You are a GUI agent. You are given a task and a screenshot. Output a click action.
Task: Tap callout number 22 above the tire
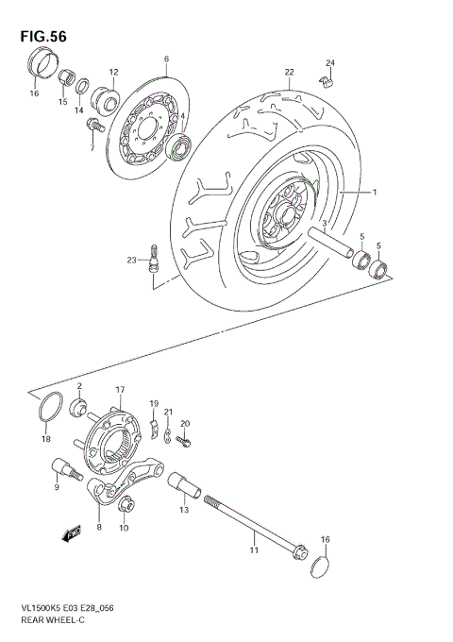[289, 73]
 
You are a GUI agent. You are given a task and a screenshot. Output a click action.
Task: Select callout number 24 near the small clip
[330, 63]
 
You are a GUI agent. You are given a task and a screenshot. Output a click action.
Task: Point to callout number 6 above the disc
[166, 59]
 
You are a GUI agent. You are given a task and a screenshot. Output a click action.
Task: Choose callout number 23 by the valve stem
[132, 260]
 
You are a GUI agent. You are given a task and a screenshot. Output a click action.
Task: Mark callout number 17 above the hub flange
[120, 389]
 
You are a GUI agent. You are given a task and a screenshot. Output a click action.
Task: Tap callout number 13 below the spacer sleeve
[183, 510]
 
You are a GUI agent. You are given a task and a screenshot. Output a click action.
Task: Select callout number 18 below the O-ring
[44, 439]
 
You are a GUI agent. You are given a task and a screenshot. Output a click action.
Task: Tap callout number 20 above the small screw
[185, 423]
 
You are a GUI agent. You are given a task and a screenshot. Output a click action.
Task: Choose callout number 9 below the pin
[56, 487]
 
